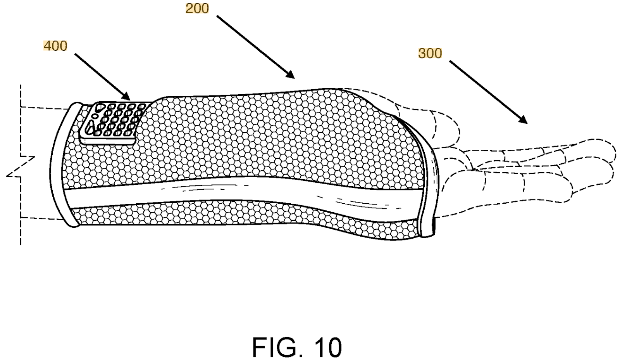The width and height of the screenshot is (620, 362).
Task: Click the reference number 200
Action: [x=197, y=9]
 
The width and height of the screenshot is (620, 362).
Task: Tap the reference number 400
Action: [x=55, y=46]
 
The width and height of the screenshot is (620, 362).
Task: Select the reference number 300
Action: [x=430, y=53]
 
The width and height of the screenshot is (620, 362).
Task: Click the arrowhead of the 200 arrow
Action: [x=290, y=74]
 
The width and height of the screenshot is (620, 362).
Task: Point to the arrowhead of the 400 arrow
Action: [x=126, y=96]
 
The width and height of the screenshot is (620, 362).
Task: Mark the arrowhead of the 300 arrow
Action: [x=523, y=120]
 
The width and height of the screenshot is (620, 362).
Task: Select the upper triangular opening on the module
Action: [x=98, y=108]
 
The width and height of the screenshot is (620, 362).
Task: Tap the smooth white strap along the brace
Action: [x=244, y=191]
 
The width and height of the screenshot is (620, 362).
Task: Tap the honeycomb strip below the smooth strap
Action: [x=244, y=219]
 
